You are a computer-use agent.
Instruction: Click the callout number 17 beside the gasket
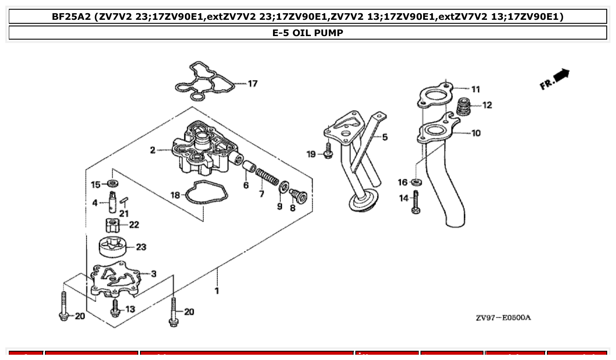coord(252,84)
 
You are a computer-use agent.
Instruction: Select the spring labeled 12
coord(463,107)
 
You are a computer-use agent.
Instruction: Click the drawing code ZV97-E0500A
coord(503,318)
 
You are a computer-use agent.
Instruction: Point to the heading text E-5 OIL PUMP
coord(308,33)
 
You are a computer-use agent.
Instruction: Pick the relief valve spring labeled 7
coord(267,177)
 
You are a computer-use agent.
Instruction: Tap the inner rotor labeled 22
coord(113,225)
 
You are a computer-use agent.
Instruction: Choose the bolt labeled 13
coord(115,308)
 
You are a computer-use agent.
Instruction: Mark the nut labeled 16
coord(416,182)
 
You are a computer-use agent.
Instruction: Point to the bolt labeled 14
coord(416,202)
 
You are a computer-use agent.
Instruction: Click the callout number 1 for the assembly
coord(217,291)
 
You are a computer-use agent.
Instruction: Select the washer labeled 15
coord(112,183)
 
